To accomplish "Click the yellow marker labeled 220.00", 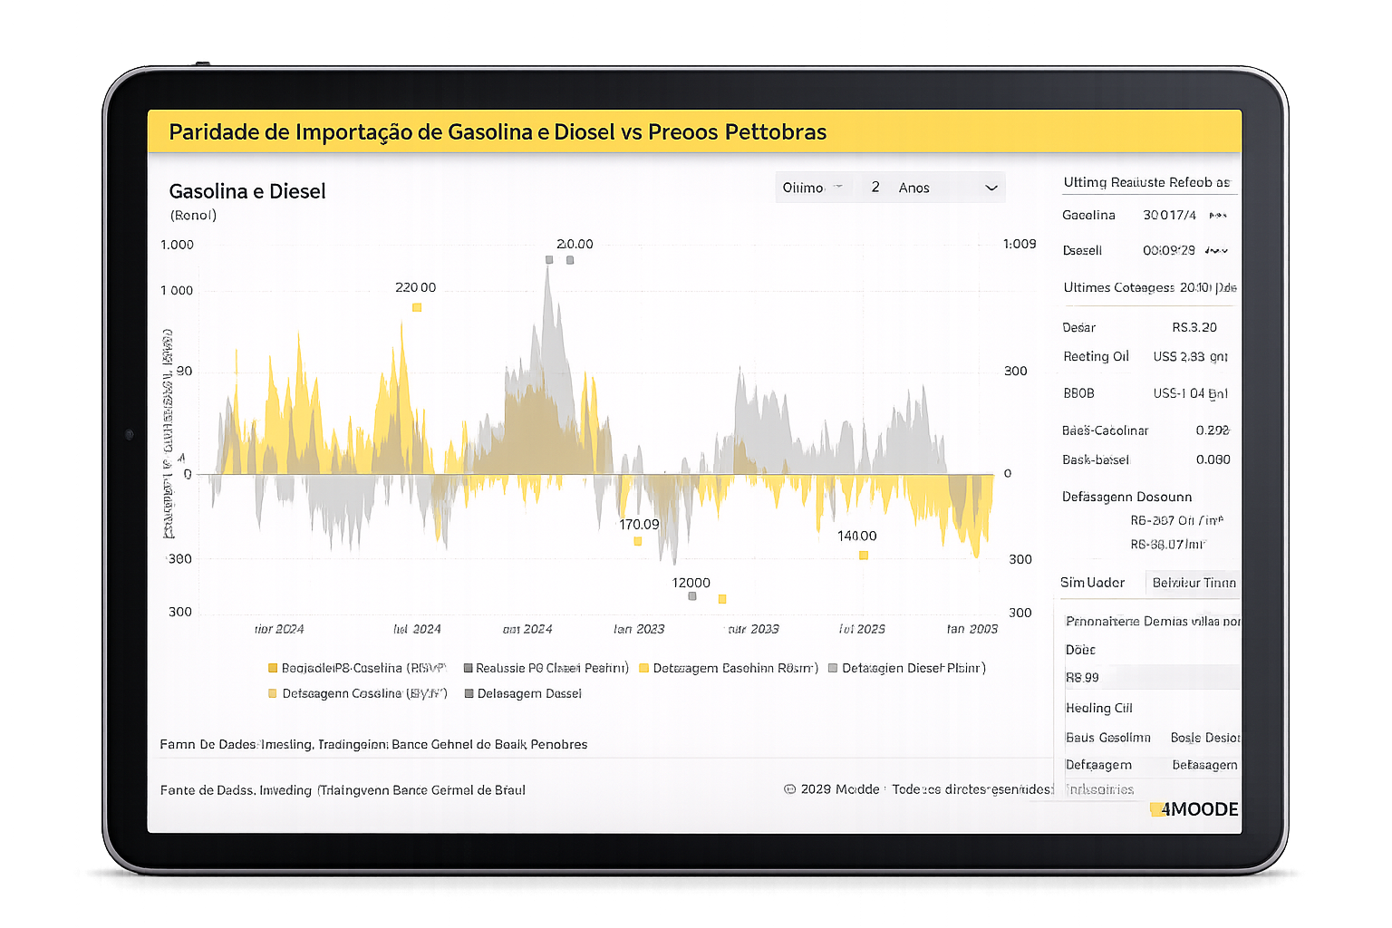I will pos(417,307).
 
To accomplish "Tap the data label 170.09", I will pos(639,525).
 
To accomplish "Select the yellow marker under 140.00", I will pos(864,556).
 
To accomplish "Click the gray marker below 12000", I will pos(692,596).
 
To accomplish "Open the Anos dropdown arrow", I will pos(991,188).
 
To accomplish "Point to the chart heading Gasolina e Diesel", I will pos(247,191).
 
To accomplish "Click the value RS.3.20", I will pos(1194,327).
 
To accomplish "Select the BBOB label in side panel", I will pos(1078,393).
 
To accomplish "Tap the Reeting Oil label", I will pos(1096,356).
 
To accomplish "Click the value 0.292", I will pos(1212,430).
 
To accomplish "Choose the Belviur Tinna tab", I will pos(1194,583).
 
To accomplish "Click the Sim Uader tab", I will pos(1092,583).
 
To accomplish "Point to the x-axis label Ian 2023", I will pos(639,629).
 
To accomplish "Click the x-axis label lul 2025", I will pos(862,629).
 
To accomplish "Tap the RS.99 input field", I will pos(1151,677).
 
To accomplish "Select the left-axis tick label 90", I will pos(184,371).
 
